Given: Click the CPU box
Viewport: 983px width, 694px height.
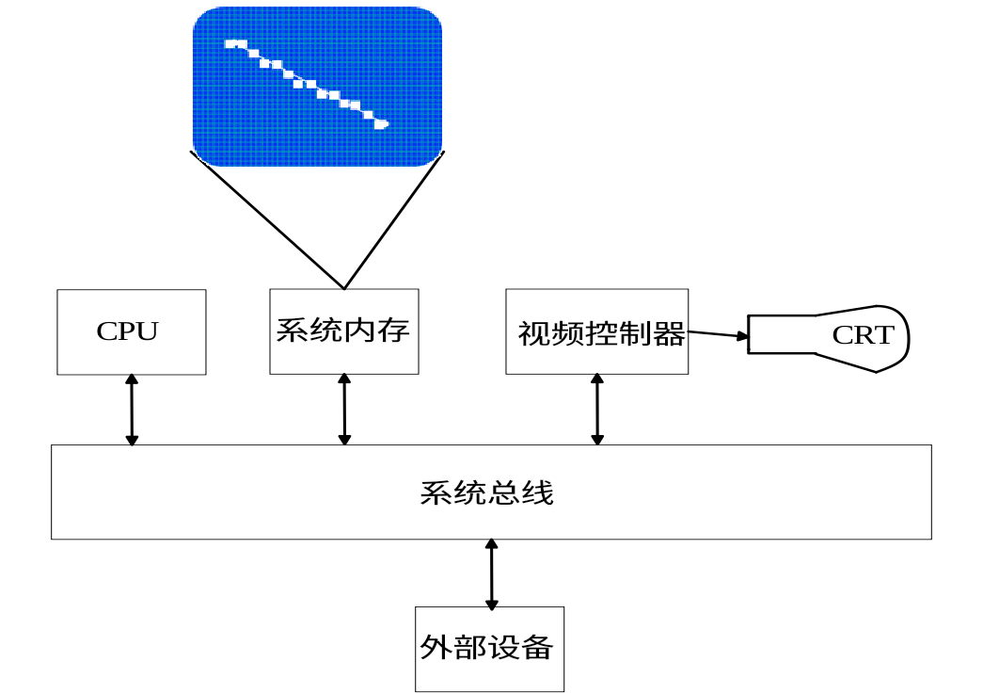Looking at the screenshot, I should (131, 331).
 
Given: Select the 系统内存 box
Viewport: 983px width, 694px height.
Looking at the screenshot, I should (343, 331).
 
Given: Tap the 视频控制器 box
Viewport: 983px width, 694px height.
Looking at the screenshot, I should (596, 331).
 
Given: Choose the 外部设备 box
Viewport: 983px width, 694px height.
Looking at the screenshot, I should (489, 649).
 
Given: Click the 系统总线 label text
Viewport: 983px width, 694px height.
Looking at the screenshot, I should (486, 492).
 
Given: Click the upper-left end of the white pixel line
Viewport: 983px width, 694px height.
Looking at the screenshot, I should (230, 43).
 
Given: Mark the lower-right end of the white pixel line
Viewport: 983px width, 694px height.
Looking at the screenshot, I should (382, 123).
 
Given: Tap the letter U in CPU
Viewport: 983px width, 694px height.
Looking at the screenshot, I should (148, 331).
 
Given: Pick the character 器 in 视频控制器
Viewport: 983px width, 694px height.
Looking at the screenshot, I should (670, 333).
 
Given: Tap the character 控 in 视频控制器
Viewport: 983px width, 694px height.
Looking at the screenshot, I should (602, 333).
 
